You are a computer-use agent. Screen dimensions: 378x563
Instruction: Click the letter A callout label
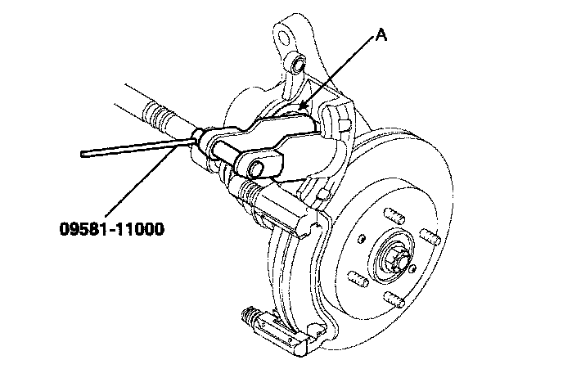(x=381, y=37)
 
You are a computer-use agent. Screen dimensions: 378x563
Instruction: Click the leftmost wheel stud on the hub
(x=358, y=279)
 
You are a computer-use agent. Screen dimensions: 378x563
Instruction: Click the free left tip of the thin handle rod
(x=84, y=152)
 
